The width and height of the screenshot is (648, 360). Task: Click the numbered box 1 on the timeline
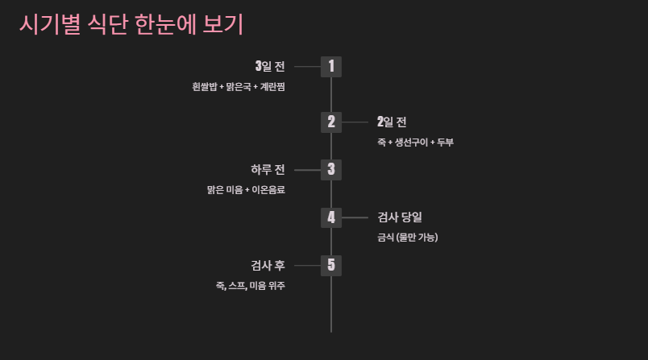(x=331, y=66)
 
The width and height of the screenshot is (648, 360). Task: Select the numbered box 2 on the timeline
(x=331, y=122)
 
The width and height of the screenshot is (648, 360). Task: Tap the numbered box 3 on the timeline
(x=331, y=170)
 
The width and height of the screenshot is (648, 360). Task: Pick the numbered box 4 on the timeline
(x=331, y=217)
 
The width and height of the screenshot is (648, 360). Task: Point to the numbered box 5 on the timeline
(x=331, y=265)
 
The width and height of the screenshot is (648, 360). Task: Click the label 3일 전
(x=269, y=66)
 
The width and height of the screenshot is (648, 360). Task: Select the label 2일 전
(x=392, y=122)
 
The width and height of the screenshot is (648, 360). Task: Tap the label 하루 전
(x=268, y=170)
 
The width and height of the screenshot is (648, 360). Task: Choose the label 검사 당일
(x=400, y=217)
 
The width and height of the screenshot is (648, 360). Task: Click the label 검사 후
(x=268, y=265)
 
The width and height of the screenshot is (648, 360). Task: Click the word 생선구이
(x=411, y=143)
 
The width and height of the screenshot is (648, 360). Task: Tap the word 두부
(x=446, y=143)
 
